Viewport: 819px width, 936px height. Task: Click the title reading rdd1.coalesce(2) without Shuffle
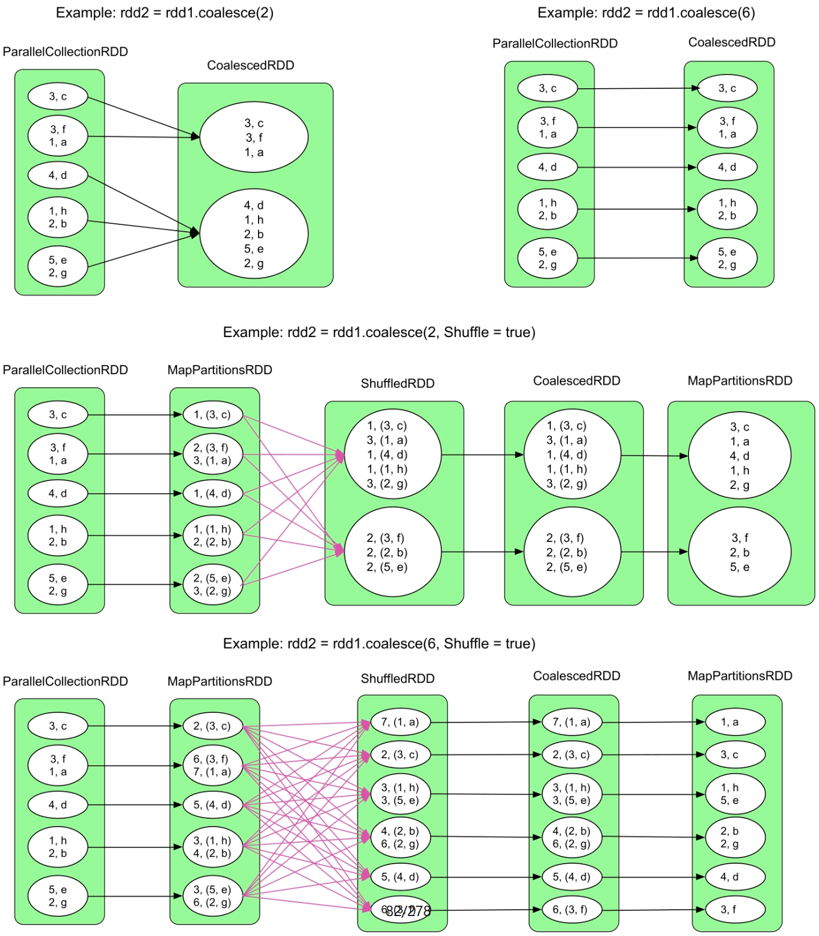[x=165, y=13]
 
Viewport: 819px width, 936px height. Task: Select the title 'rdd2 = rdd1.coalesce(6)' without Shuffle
[x=646, y=13]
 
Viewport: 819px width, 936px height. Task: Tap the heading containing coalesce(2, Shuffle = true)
[x=379, y=332]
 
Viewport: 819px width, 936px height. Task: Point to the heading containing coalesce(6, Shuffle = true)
[x=379, y=643]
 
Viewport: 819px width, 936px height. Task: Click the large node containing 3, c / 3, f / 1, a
[x=254, y=137]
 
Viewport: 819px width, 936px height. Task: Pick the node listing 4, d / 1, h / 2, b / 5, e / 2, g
[x=254, y=234]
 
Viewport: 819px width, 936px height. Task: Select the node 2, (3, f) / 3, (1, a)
[x=212, y=454]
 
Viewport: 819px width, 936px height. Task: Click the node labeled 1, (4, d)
[x=212, y=493]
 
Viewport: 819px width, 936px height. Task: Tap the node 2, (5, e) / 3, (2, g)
[x=212, y=584]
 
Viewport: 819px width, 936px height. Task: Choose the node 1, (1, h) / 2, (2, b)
[x=212, y=535]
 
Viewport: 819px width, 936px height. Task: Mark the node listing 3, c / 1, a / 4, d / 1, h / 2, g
[x=739, y=455]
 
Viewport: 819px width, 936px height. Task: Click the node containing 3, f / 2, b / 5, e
[x=739, y=552]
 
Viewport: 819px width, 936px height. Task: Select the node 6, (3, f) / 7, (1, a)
[x=212, y=765]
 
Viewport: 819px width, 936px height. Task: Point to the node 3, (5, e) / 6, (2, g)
[x=212, y=896]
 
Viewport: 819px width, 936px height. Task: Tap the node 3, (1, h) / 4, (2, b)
[x=212, y=847]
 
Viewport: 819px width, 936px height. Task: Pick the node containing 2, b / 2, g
[x=735, y=837]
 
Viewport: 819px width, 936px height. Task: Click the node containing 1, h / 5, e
[x=735, y=794]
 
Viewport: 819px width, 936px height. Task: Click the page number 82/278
[x=408, y=911]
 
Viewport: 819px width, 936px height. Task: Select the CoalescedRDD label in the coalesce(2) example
[x=251, y=65]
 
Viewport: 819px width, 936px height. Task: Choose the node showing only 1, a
[x=735, y=722]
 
